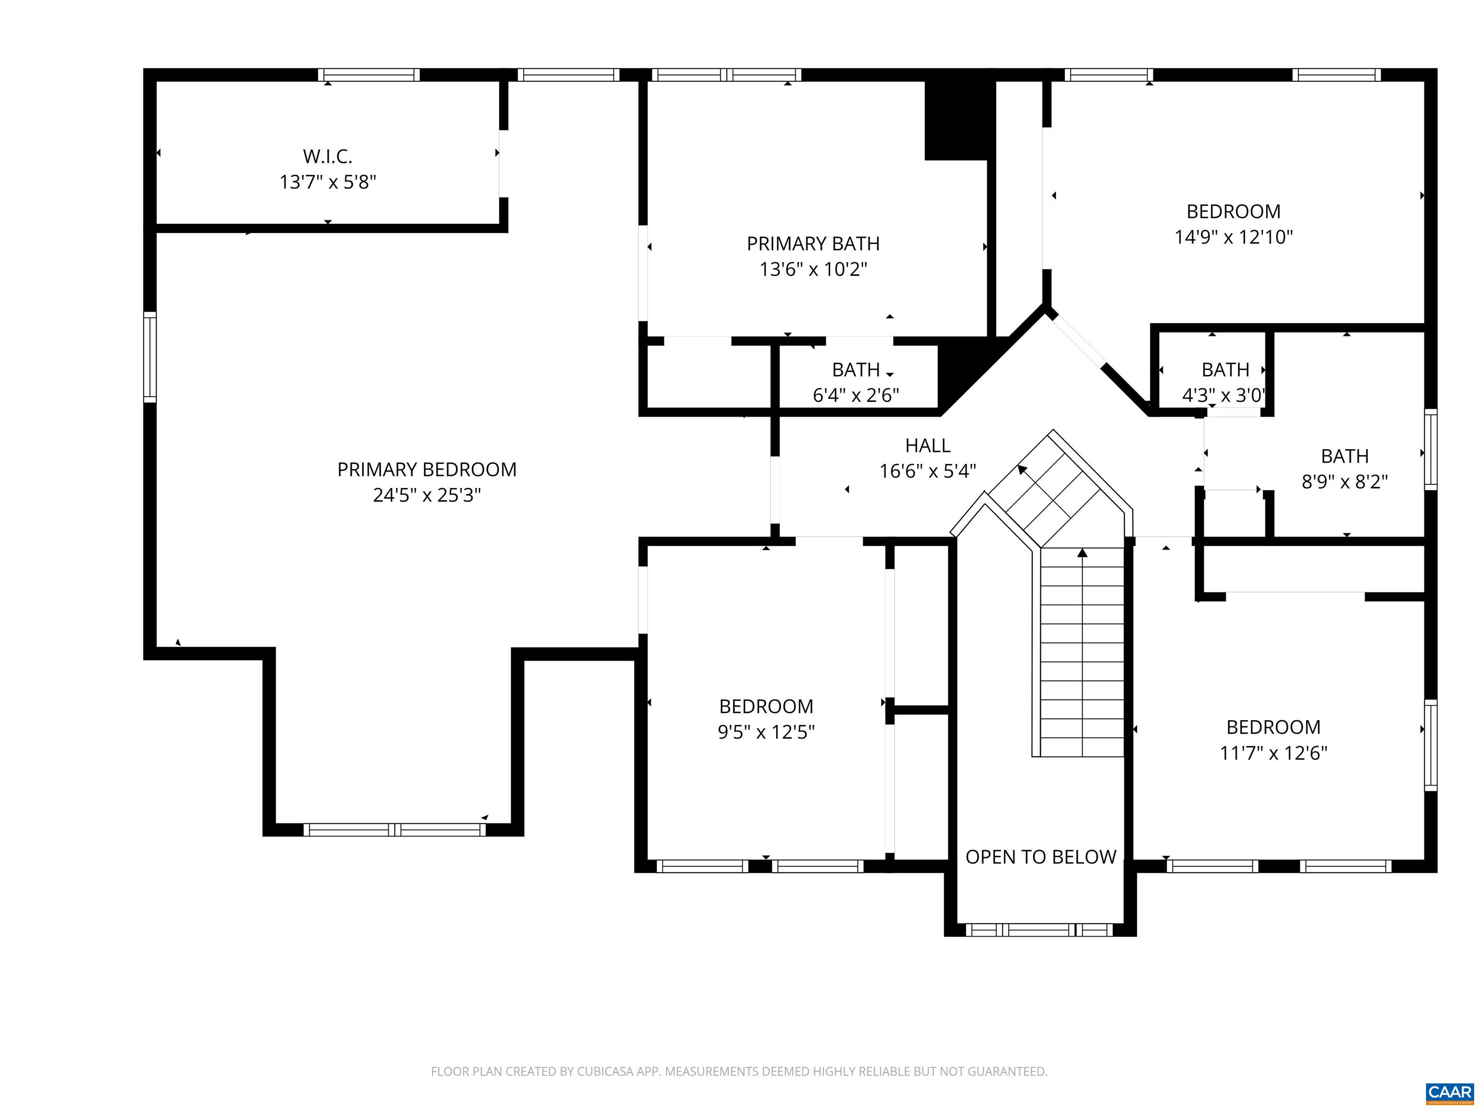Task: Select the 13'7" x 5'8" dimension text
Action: coord(328,182)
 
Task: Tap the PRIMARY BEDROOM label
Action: coord(427,470)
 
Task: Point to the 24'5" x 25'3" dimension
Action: coord(427,495)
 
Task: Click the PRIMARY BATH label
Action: coord(813,244)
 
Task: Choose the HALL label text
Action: coord(927,446)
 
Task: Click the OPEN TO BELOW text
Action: coord(1040,857)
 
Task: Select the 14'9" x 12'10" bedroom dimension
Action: coord(1233,237)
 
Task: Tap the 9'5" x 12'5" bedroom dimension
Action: coord(766,733)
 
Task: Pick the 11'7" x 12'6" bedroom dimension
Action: coord(1273,753)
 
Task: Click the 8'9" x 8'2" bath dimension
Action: coord(1345,482)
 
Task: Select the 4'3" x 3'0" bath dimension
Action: coord(1223,396)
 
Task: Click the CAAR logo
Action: coord(1449,1092)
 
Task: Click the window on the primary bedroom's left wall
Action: coord(150,358)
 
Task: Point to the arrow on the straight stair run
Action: coord(1082,554)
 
